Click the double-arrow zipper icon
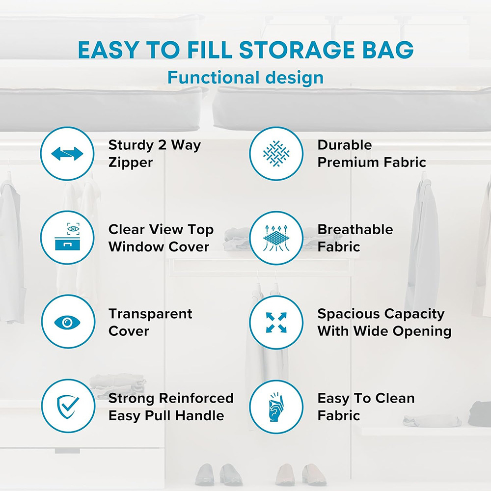coord(67,154)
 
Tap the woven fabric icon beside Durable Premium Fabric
coord(276,154)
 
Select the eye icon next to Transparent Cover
coord(67,322)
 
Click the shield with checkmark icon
coord(67,407)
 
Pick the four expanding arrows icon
coord(276,322)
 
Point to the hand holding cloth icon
coord(276,407)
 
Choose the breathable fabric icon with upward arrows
coord(276,238)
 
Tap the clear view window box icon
coord(67,238)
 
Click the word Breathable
coord(355,229)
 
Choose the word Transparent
coord(150,314)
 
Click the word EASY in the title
coord(105,50)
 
